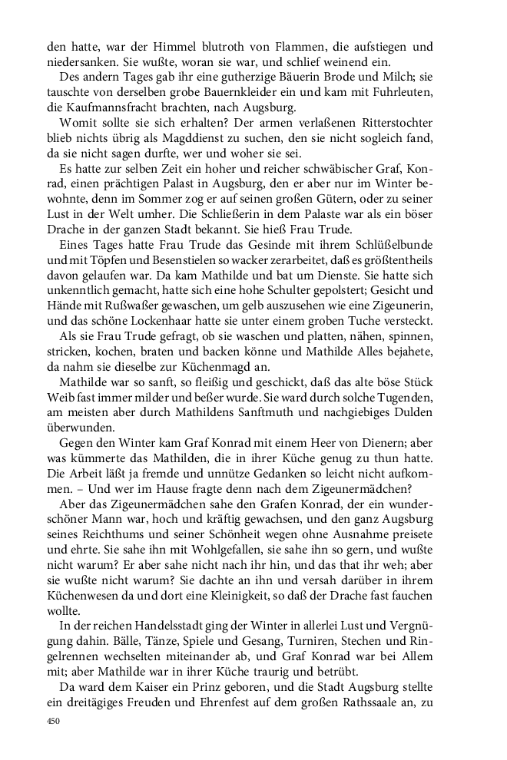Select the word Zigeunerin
(404, 345)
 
